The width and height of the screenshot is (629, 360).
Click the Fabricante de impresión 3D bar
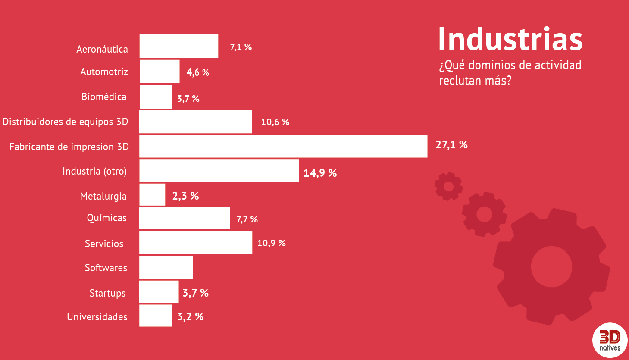tap(283, 146)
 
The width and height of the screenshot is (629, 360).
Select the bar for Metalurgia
tap(152, 195)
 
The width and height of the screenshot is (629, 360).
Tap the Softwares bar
tap(166, 267)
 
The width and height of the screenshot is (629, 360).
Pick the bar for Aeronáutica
tap(179, 46)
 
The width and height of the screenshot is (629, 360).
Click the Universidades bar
tap(156, 316)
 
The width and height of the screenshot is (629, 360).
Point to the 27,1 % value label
tap(451, 145)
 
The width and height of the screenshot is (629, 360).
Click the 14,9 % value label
tap(320, 173)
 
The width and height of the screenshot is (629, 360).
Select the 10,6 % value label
tap(275, 122)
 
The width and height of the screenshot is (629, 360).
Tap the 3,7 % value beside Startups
tap(195, 293)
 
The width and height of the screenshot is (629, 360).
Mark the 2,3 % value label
tap(185, 196)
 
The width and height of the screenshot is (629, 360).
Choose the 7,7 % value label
tap(247, 219)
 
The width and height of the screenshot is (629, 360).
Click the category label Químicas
tap(107, 218)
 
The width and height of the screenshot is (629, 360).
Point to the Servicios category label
tap(104, 244)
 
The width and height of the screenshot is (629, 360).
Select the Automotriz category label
tap(104, 72)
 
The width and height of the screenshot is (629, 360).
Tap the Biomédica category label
tap(104, 97)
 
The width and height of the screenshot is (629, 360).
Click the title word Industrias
tap(510, 39)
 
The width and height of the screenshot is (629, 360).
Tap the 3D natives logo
tap(610, 340)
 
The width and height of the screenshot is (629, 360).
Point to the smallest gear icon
tap(448, 186)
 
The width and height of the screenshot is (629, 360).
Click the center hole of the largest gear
tap(551, 266)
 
